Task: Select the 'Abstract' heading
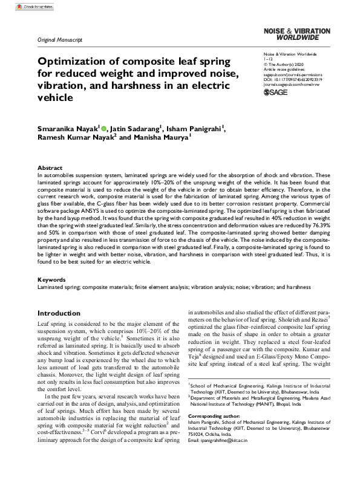pyautogui.click(x=50, y=167)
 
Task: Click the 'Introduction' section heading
pyautogui.click(x=60, y=314)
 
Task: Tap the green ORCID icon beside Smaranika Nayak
pyautogui.click(x=104, y=129)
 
